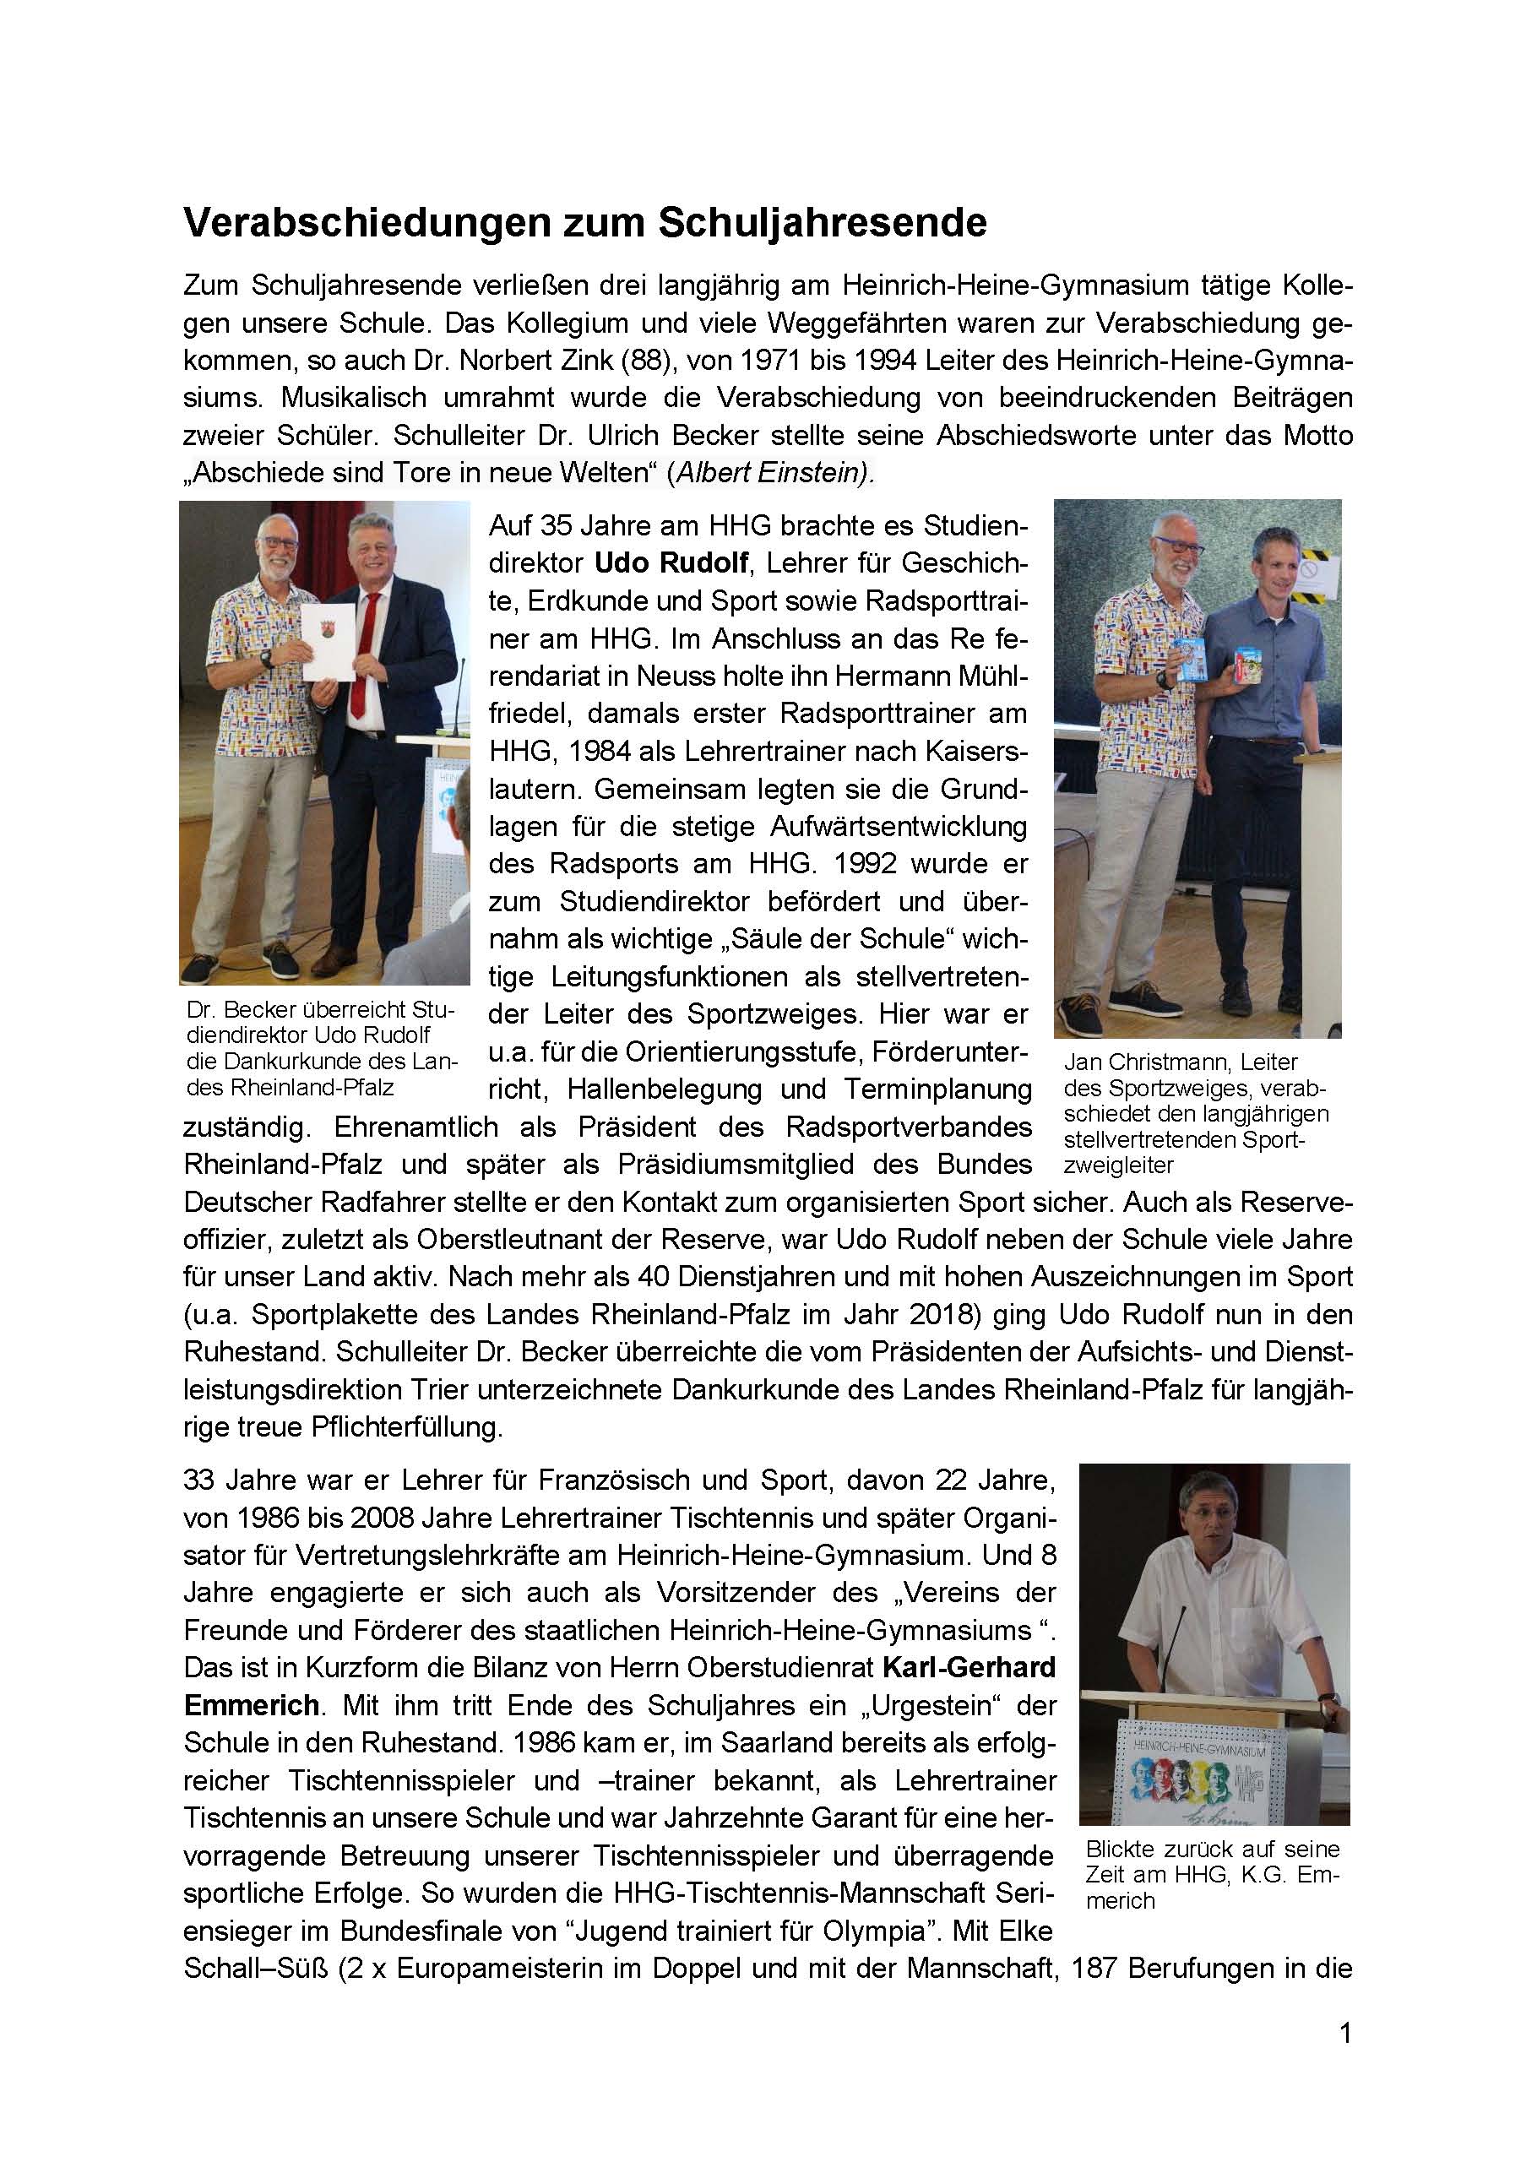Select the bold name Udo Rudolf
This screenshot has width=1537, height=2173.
[672, 564]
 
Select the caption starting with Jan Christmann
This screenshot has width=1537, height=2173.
[1194, 1114]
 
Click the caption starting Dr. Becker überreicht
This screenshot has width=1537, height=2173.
[321, 1049]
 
